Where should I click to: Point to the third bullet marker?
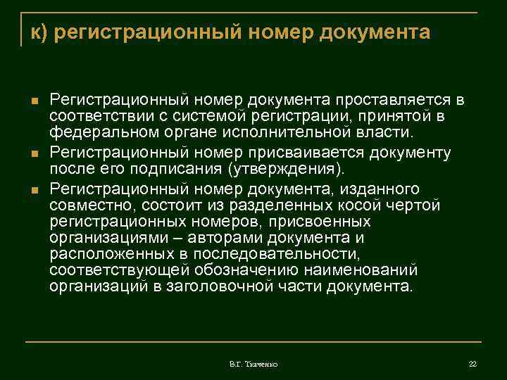click(x=34, y=189)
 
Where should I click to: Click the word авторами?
click(x=204, y=239)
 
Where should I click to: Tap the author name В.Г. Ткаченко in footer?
click(x=254, y=365)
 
